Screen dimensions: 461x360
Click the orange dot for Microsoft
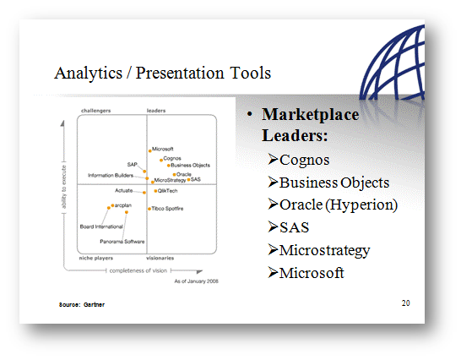150,151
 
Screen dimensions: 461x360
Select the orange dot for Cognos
161,161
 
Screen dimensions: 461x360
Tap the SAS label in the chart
196,179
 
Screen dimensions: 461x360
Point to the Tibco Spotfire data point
149,209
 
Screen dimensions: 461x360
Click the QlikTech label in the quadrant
167,191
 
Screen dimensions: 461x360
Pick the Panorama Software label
122,242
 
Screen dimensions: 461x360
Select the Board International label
101,226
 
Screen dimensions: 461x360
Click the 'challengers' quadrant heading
96,111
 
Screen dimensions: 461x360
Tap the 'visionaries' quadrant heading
160,258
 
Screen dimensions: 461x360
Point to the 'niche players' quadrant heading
96,258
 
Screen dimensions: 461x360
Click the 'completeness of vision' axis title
138,270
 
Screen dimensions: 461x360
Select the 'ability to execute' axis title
64,187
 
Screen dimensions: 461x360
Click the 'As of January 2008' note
196,281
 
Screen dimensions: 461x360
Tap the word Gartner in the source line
94,305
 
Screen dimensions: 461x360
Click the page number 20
406,303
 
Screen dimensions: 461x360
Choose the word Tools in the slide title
250,73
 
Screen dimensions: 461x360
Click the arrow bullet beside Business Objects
273,182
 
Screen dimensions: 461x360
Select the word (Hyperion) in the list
361,205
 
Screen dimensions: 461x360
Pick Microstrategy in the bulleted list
324,250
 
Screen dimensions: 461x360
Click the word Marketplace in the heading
310,114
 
